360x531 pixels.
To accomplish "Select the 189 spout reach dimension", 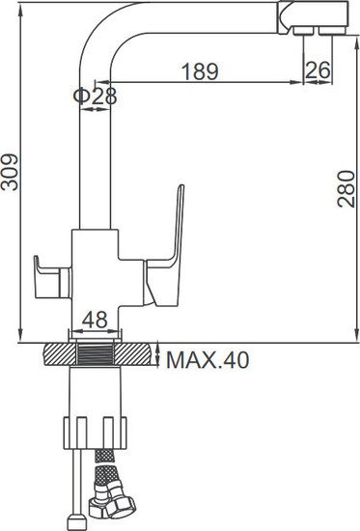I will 200,71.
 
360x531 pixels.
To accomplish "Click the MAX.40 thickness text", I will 208,361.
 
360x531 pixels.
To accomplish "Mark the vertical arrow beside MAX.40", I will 159,359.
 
